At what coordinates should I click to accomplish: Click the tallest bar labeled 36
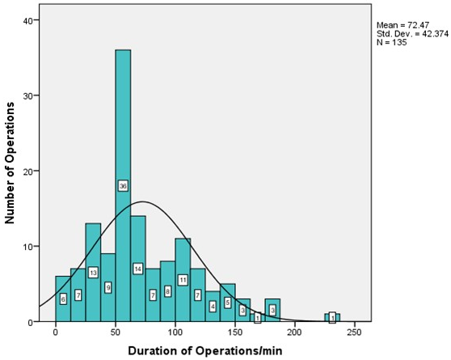123,185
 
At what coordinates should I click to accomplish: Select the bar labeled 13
93,272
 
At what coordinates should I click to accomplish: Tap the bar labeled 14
138,269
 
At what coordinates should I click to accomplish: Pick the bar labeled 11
183,280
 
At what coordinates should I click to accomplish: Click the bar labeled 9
107,287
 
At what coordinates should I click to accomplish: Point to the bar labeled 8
167,291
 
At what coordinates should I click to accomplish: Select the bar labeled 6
63,299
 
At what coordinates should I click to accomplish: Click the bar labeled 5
228,303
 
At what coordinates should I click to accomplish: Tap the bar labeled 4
213,306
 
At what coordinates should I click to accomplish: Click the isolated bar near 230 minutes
332,317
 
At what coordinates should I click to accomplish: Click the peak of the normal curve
142,201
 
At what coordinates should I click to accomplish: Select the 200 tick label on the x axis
295,332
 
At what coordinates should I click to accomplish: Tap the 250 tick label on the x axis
355,332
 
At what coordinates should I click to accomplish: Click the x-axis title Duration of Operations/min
205,351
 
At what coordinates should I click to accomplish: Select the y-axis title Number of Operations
10,163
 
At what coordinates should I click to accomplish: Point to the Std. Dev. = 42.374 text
413,34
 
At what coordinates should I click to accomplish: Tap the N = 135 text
392,42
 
